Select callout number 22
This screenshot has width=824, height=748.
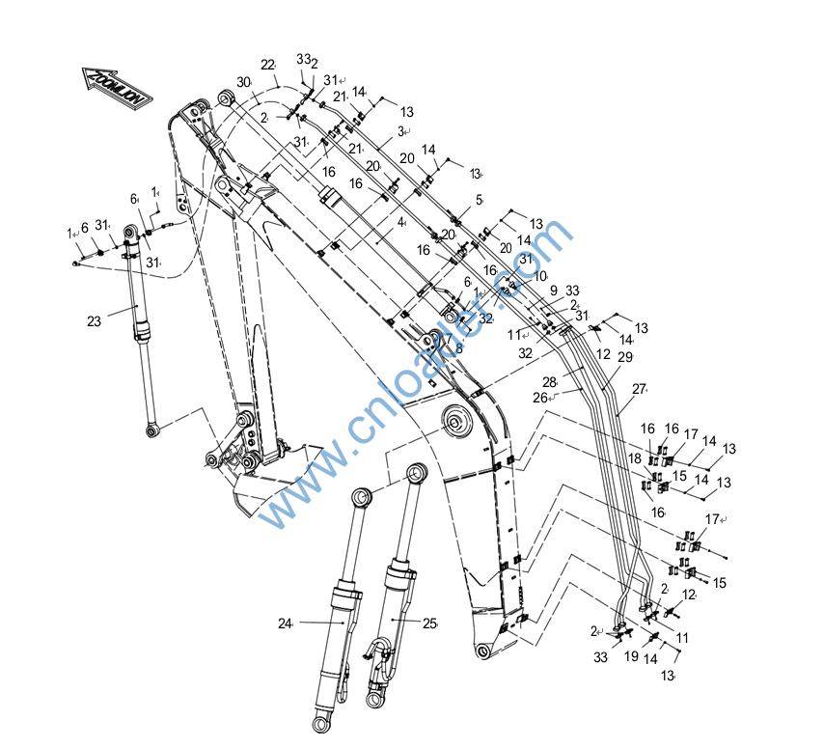pos(267,65)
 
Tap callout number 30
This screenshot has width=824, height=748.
pos(242,83)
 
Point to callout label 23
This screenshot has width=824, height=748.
pos(94,322)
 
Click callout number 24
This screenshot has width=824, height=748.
pos(285,623)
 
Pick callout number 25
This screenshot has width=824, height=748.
pos(429,623)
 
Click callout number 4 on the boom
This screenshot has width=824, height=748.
pos(400,222)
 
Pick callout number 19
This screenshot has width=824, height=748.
pos(631,656)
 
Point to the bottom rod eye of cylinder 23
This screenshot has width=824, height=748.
pos(152,426)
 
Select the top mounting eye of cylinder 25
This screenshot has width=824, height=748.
pos(417,473)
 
